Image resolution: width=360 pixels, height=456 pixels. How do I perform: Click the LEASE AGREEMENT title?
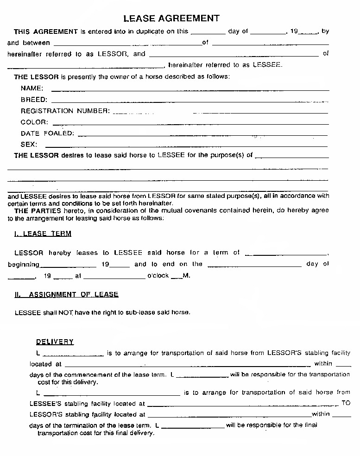[171, 19]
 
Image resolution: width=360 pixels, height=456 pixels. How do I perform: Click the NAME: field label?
[32, 89]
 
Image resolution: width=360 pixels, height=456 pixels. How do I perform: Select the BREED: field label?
[34, 100]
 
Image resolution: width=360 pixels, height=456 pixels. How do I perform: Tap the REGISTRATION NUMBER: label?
[65, 111]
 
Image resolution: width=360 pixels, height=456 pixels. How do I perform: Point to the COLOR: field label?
[34, 122]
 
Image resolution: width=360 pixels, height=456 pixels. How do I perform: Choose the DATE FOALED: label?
[47, 133]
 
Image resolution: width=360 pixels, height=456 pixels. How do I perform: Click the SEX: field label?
[29, 145]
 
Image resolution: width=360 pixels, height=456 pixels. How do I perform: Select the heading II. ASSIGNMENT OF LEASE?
[67, 295]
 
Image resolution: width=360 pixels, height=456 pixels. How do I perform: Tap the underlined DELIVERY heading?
[55, 342]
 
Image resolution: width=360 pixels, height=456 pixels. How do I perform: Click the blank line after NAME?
[190, 89]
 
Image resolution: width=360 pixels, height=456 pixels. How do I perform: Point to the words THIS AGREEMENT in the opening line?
[46, 32]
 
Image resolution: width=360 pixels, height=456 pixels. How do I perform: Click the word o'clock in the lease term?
[158, 276]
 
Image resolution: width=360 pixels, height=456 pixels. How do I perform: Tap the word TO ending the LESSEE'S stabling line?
[346, 403]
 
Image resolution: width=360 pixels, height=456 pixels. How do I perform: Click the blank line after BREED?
[190, 101]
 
